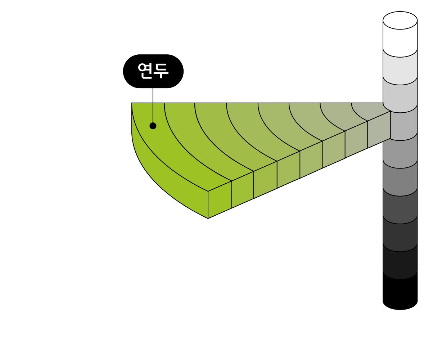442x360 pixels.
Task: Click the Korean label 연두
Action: [x=153, y=71]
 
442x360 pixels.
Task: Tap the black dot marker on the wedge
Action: [x=153, y=126]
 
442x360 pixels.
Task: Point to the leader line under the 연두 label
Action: [x=153, y=113]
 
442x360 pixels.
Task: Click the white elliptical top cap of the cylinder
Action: [x=400, y=21]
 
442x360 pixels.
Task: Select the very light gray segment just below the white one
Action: [x=400, y=68]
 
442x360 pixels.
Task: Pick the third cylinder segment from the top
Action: [x=400, y=95]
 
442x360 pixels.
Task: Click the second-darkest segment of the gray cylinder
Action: [x=400, y=236]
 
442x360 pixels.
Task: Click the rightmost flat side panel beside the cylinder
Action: [x=379, y=129]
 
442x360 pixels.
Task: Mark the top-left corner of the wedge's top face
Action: [x=132, y=104]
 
